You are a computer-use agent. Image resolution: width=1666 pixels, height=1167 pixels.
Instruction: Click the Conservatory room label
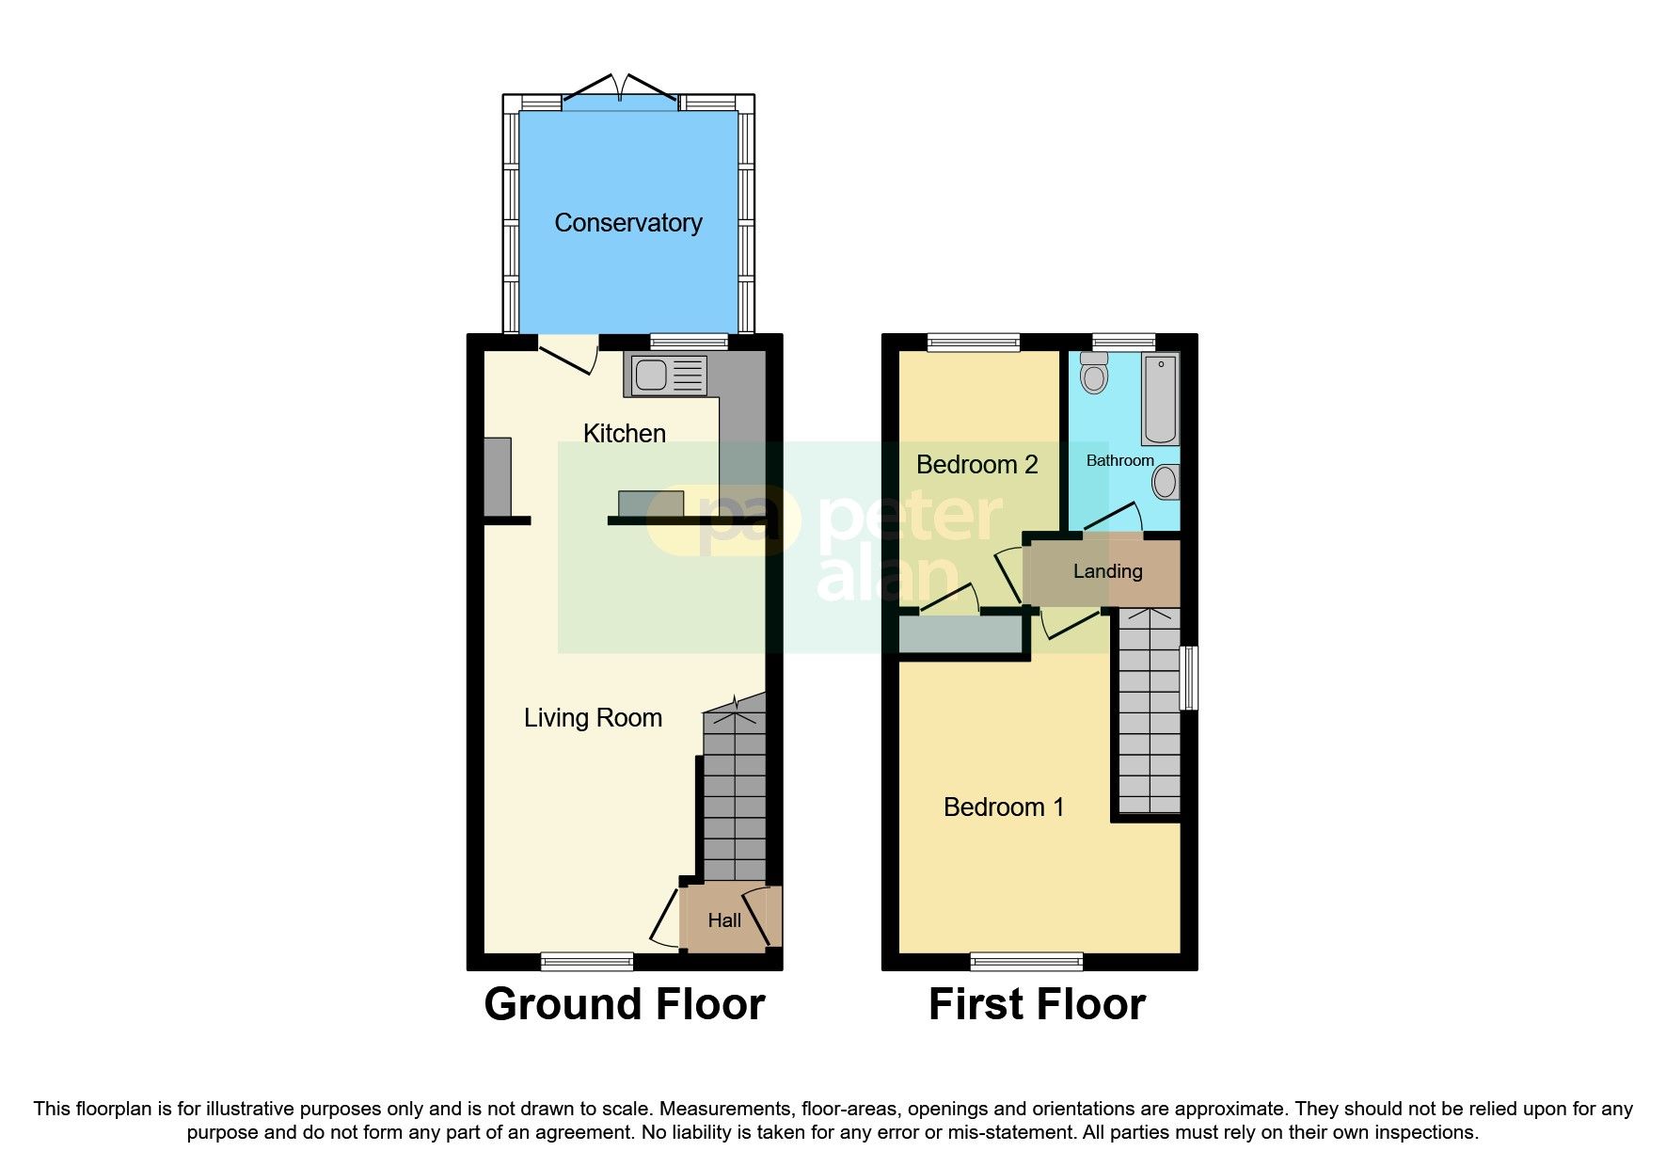[x=627, y=223]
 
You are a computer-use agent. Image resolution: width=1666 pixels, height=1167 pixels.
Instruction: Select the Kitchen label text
[x=624, y=434]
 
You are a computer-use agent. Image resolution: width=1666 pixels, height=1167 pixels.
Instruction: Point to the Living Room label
[x=593, y=718]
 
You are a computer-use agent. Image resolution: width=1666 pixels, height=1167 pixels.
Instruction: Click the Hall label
[x=723, y=920]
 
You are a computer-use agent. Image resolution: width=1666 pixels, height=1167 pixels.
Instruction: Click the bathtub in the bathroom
[x=1160, y=397]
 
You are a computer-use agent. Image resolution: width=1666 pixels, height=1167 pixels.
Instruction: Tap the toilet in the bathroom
[x=1093, y=374]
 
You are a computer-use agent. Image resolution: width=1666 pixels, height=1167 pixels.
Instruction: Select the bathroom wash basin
[x=1165, y=483]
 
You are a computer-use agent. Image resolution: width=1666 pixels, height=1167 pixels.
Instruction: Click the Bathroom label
[x=1119, y=460]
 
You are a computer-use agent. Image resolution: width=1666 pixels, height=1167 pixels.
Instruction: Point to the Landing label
[x=1107, y=571]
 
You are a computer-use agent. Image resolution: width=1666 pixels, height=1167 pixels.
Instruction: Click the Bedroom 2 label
[x=976, y=465]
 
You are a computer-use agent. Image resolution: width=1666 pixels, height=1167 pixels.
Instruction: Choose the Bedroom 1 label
[x=1004, y=807]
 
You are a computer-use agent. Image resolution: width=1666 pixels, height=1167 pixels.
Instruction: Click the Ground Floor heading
[x=624, y=1004]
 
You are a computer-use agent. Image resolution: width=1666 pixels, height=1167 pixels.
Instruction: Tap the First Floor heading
[x=1037, y=1004]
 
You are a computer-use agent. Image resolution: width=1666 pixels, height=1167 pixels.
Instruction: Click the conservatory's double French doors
[x=620, y=92]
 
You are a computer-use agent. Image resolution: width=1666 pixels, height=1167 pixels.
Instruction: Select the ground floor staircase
[x=735, y=800]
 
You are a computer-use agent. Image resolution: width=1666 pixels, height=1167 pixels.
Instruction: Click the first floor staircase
[x=1149, y=711]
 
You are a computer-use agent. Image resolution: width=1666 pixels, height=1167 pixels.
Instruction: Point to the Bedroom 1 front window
[x=1026, y=961]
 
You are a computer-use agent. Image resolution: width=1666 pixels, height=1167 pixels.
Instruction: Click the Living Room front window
[x=587, y=961]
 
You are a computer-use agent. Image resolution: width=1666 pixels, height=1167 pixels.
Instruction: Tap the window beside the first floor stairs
[x=1190, y=677]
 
